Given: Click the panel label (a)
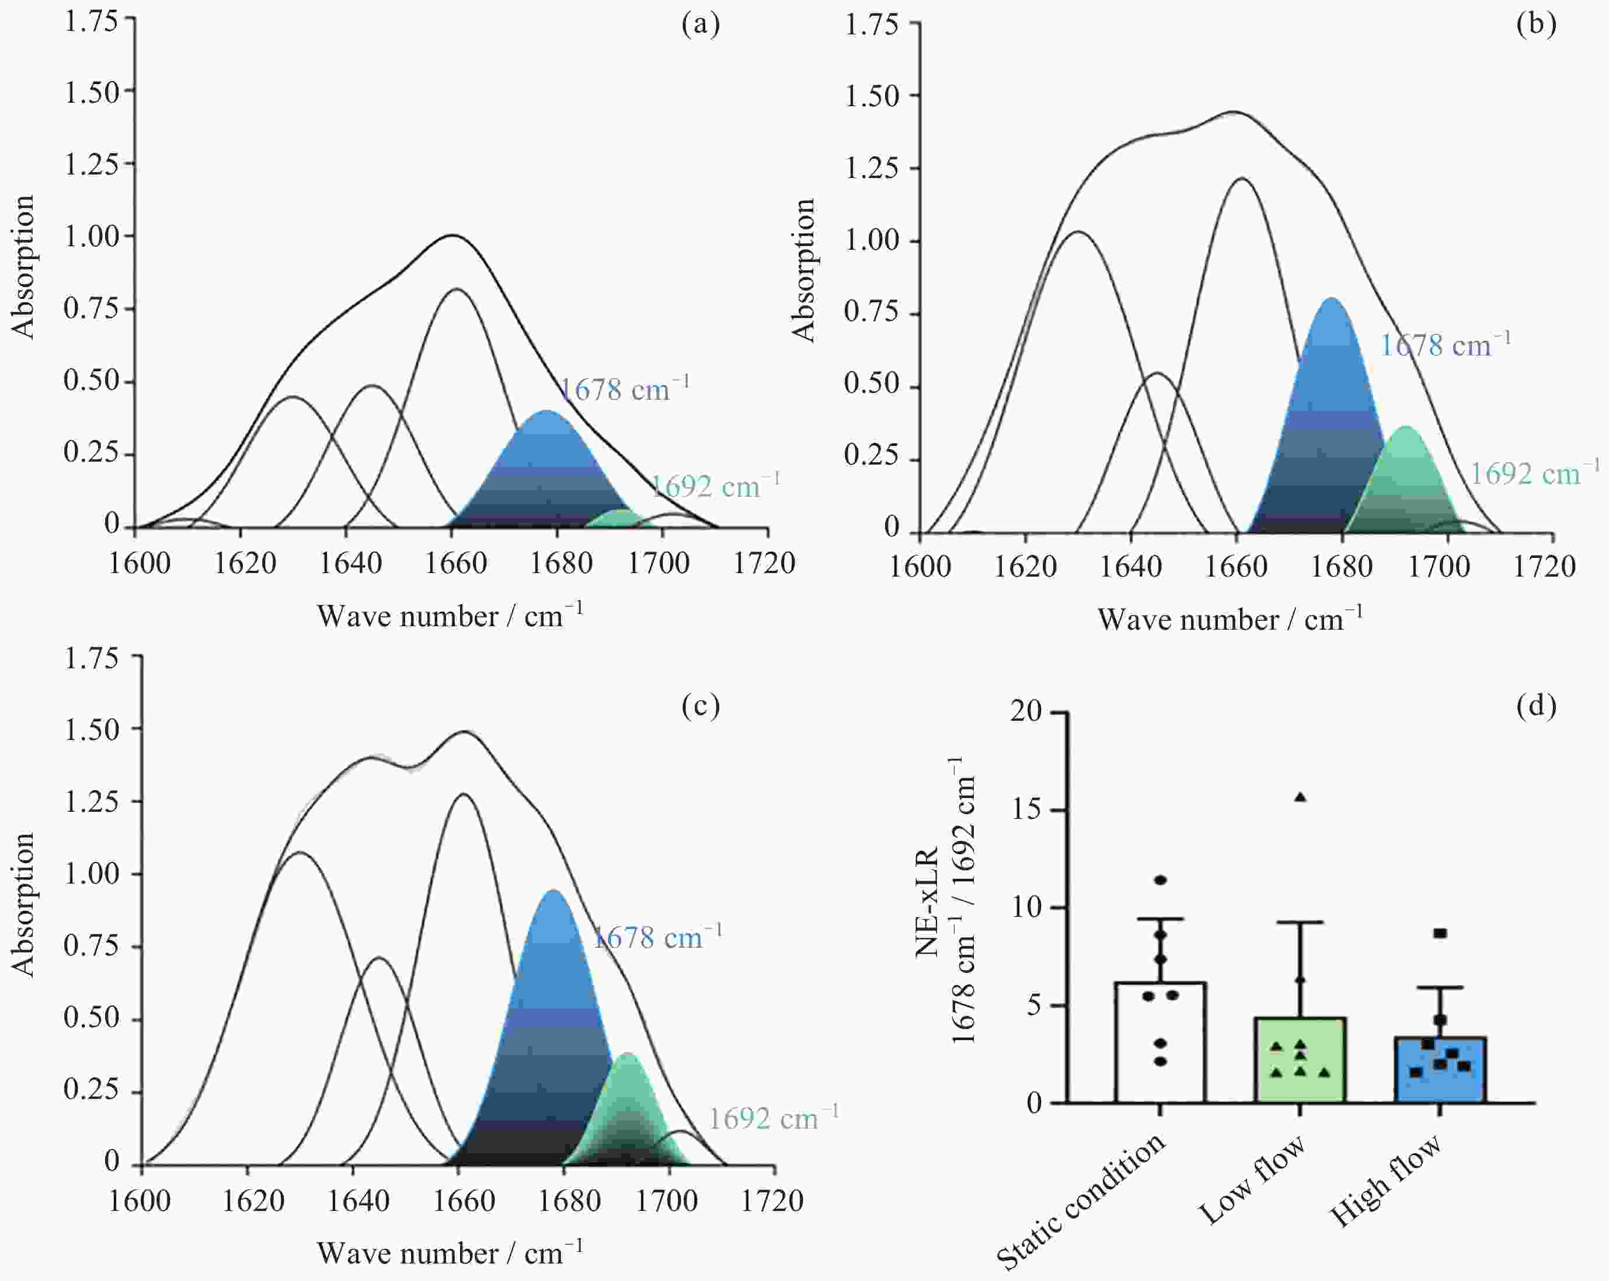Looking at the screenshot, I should click(x=700, y=25).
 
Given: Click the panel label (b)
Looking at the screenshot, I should click(x=1536, y=25).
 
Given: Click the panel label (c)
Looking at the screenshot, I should click(x=700, y=705).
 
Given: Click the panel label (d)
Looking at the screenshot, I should click(x=1536, y=705).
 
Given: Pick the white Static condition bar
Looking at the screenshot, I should click(x=1159, y=1045).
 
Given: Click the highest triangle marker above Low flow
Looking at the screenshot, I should click(x=1300, y=797).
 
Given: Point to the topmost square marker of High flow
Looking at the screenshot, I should click(x=1440, y=933).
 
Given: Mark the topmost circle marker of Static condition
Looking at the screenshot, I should click(x=1161, y=881).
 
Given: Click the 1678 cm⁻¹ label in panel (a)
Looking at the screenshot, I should click(x=623, y=389).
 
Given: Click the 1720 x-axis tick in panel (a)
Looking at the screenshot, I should click(x=764, y=563).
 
